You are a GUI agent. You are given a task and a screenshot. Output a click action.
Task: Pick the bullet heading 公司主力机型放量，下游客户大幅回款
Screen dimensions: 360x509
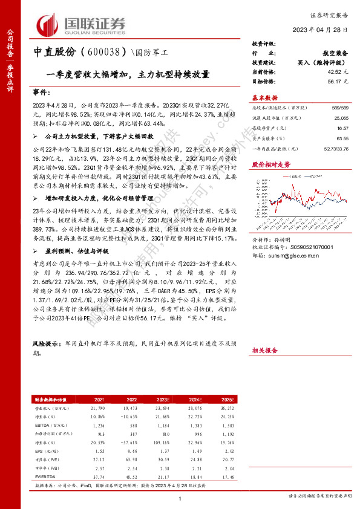click(96, 137)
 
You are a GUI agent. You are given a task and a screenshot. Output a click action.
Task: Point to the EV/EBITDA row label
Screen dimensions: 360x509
click(45, 476)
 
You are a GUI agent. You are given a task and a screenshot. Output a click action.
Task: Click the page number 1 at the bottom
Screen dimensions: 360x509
click(180, 498)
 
